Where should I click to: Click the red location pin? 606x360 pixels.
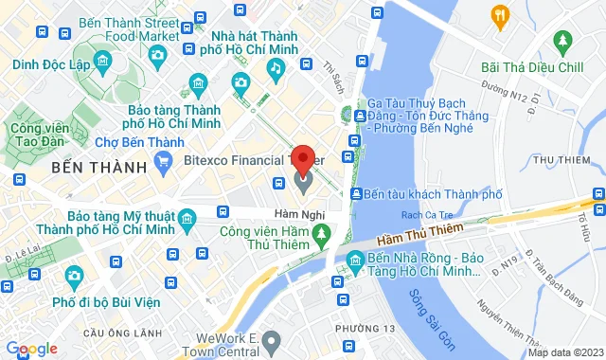[303, 156]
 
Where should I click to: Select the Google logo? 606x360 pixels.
[31, 349]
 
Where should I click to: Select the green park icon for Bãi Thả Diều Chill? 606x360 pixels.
[564, 41]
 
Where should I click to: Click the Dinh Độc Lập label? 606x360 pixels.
[50, 64]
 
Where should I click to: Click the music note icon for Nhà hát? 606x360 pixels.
[276, 68]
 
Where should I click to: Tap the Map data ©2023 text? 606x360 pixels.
[565, 352]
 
